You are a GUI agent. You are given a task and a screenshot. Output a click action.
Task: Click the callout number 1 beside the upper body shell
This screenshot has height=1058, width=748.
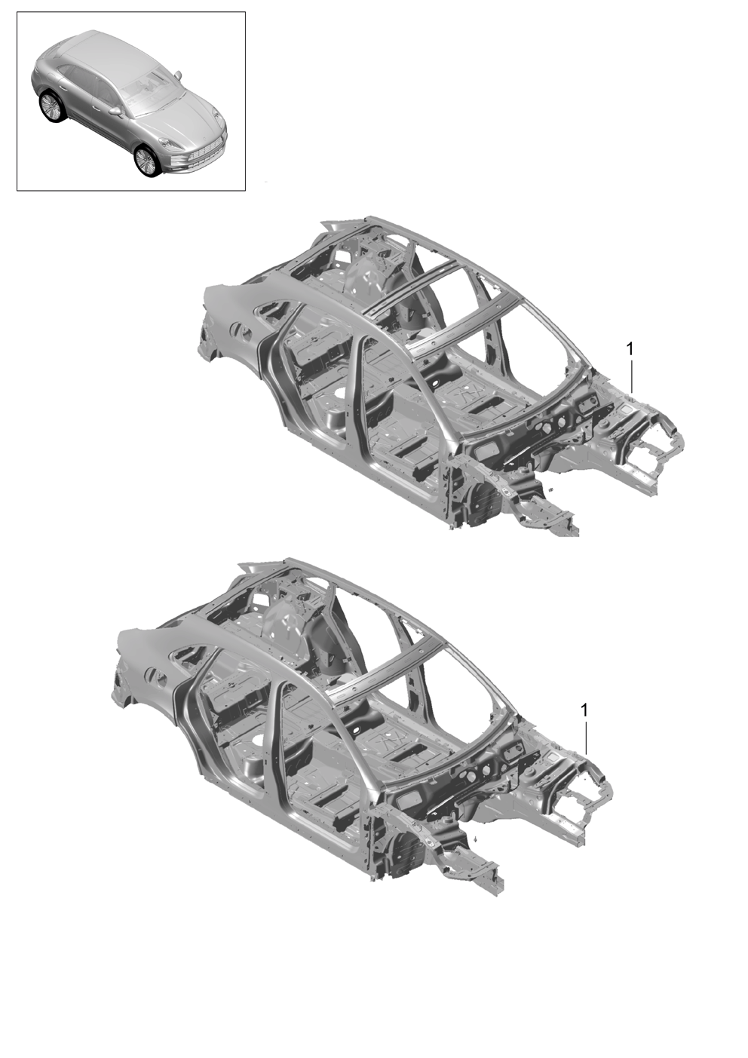(629, 348)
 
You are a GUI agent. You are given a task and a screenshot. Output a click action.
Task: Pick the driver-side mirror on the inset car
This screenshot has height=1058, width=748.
(114, 112)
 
